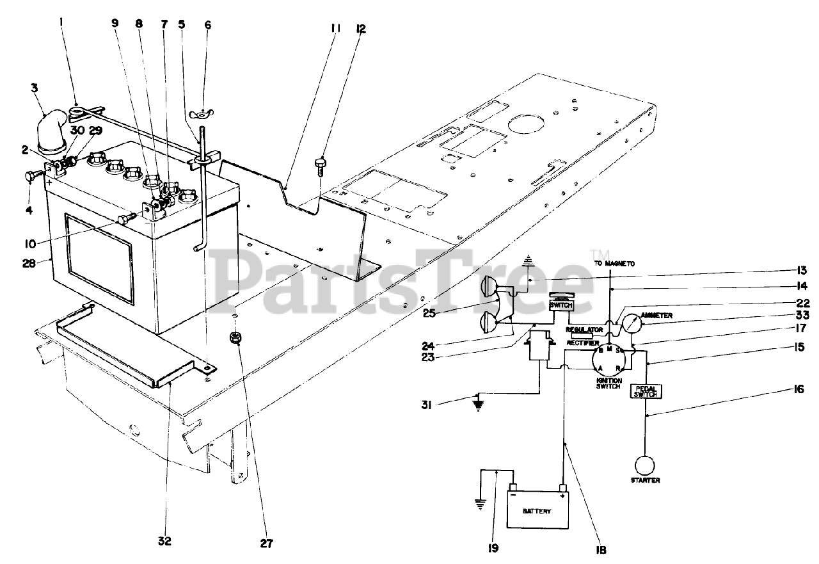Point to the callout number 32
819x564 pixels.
pyautogui.click(x=164, y=542)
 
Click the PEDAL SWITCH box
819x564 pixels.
pyautogui.click(x=645, y=391)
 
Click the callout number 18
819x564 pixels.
pyautogui.click(x=600, y=549)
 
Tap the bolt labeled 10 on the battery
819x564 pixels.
pyautogui.click(x=124, y=220)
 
